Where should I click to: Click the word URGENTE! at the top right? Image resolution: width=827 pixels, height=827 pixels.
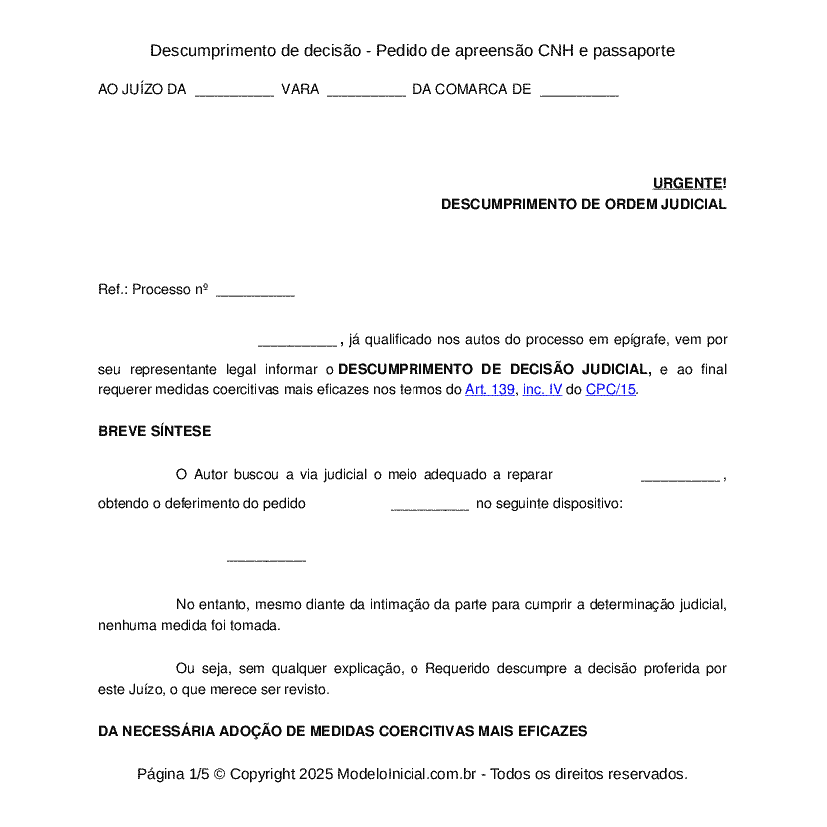coord(689,183)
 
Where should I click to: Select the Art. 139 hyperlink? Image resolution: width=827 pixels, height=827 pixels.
coord(489,390)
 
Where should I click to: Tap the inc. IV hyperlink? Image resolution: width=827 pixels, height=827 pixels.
coord(542,390)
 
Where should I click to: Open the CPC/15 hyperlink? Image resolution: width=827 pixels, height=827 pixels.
coord(610,390)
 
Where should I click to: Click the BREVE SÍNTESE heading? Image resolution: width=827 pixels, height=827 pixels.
coord(154,431)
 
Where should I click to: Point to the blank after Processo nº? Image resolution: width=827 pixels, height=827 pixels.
coord(255,291)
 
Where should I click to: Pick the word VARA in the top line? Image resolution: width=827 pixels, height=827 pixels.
coord(300,90)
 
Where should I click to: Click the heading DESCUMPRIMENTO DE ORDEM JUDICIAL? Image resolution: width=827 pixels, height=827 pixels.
coord(583,204)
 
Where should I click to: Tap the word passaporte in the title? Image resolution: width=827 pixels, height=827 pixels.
coord(634,50)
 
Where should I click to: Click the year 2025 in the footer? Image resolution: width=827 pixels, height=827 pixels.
coord(315,774)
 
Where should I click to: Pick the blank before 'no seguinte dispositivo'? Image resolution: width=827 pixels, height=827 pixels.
coord(429,505)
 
